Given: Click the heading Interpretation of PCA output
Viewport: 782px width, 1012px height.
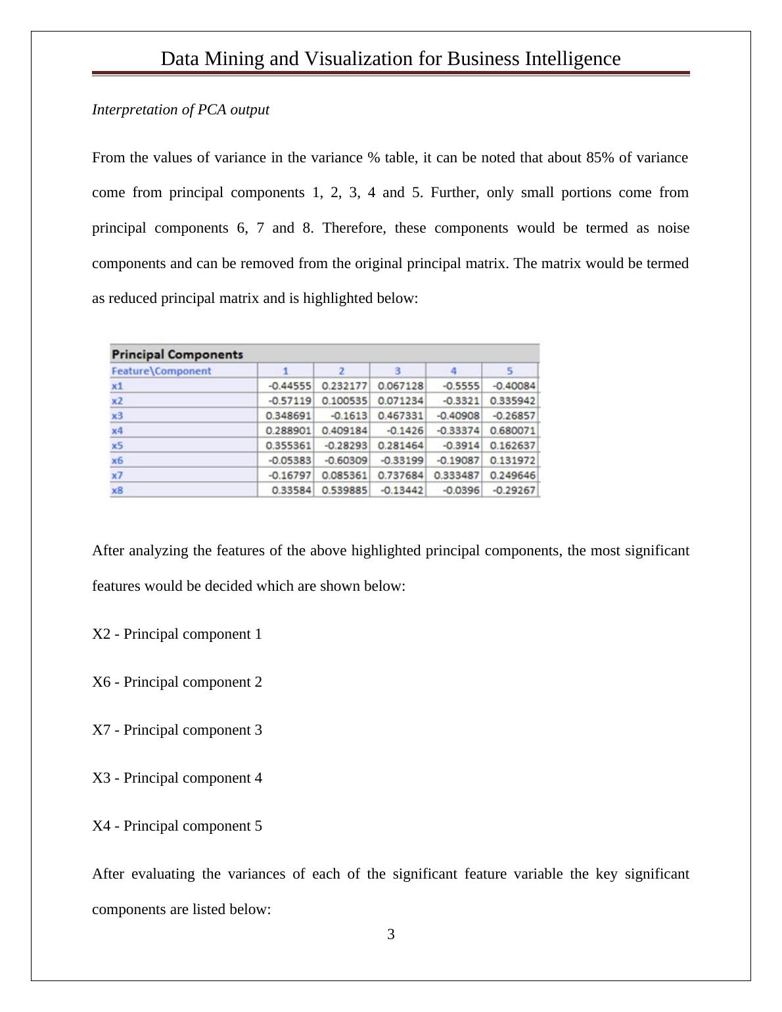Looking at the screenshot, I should click(181, 110).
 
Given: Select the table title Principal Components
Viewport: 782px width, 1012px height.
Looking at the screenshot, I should click(177, 354).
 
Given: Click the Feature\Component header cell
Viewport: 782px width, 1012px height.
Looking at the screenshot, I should click(162, 371).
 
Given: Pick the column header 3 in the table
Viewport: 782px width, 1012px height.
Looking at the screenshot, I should click(398, 371).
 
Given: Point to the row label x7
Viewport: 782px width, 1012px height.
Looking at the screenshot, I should click(118, 475).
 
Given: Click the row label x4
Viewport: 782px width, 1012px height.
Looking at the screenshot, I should click(118, 430).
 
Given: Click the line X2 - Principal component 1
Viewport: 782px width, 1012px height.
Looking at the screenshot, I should click(177, 634).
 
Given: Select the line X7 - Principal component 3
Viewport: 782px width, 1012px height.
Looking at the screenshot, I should click(177, 730).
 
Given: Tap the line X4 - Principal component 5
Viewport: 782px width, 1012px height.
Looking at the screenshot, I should click(177, 826).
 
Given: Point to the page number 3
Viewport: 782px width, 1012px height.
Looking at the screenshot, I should click(391, 934).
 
